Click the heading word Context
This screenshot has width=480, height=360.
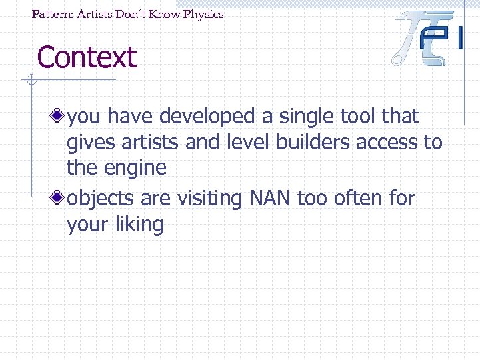coord(87,57)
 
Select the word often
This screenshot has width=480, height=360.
coord(359,198)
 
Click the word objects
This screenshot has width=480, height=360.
coord(98,199)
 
